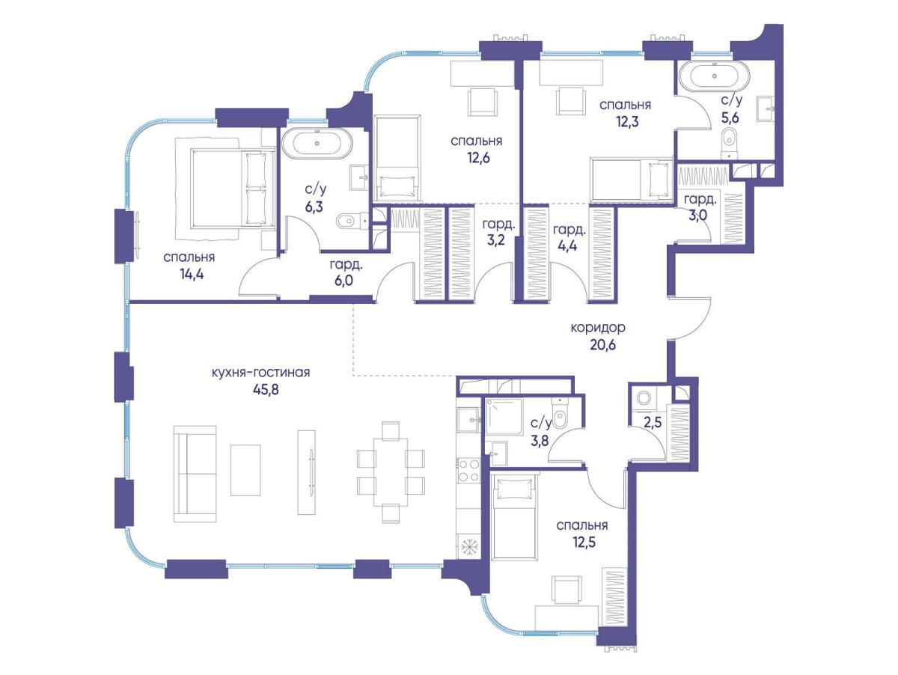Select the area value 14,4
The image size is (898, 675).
189,275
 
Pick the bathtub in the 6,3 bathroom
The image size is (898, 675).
317,144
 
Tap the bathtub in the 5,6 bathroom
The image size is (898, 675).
715,76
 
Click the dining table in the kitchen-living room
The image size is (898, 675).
391,472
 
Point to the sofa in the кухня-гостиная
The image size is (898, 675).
195,474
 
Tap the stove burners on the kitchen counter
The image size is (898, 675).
468,471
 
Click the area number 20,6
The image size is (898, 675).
603,346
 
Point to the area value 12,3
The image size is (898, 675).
624,122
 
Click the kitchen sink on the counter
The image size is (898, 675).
469,419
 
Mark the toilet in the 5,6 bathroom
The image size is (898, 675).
729,144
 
